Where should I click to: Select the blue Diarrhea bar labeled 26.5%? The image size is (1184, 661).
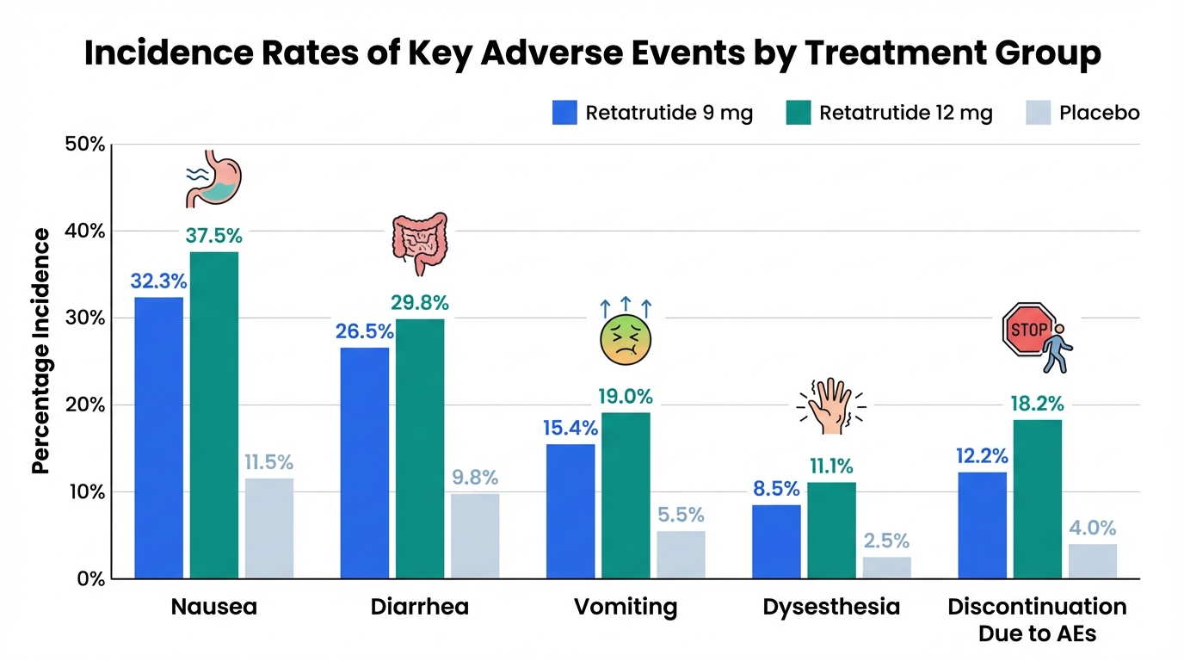(x=365, y=462)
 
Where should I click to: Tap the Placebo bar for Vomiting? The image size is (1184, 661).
(x=681, y=554)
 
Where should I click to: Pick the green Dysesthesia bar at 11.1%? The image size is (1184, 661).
(x=831, y=530)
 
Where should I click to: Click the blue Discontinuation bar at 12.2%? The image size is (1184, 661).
(x=983, y=525)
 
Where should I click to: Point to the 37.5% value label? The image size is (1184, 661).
(x=214, y=235)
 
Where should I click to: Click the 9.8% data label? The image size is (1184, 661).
(x=475, y=478)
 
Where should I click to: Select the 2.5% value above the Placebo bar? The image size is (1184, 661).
(x=887, y=541)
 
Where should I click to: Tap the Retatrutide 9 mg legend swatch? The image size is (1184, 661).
(x=564, y=113)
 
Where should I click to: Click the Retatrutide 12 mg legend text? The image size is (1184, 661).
(x=906, y=113)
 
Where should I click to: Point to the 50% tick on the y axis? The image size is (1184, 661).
(x=85, y=144)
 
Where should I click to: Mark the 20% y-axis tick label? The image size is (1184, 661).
(x=85, y=405)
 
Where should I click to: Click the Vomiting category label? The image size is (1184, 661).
(x=626, y=607)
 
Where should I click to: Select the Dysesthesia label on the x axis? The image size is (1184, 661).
(x=831, y=607)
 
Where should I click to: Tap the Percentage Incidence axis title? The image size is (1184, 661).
(x=40, y=351)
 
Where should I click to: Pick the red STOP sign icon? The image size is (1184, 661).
(x=1028, y=329)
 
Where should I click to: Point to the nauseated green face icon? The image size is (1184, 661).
(x=625, y=342)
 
